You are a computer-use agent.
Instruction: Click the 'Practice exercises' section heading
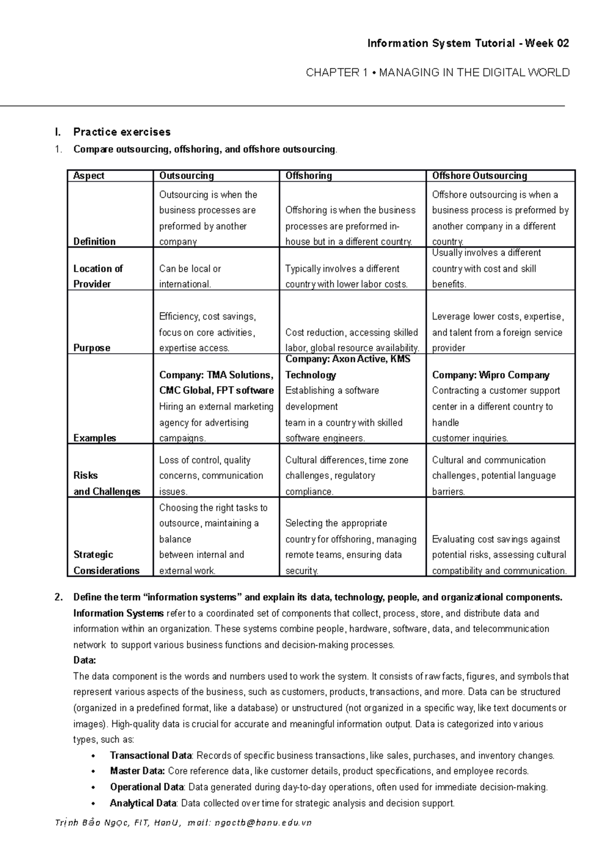coord(122,132)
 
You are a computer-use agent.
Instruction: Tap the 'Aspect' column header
coord(89,176)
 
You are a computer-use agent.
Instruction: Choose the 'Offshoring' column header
coord(309,176)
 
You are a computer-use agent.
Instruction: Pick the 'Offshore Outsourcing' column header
coord(479,176)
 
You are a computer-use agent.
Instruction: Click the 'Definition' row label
coord(94,241)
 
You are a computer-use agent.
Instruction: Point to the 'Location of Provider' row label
coord(98,276)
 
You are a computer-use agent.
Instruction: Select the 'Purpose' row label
coord(91,348)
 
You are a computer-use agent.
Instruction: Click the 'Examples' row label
coord(94,438)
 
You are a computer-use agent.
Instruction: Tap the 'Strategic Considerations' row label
coord(106,562)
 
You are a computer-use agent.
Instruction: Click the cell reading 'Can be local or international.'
coord(190,276)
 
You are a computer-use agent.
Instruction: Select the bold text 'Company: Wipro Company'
coord(490,375)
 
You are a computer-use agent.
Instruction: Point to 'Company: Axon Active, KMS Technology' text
coord(347,366)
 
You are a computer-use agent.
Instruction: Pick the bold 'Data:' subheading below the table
coord(84,660)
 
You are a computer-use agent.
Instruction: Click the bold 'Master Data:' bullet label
coord(137,771)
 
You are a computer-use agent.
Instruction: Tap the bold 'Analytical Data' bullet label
coord(143,803)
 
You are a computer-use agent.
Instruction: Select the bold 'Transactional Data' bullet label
coord(150,756)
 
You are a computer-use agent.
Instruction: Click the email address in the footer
coord(263,823)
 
